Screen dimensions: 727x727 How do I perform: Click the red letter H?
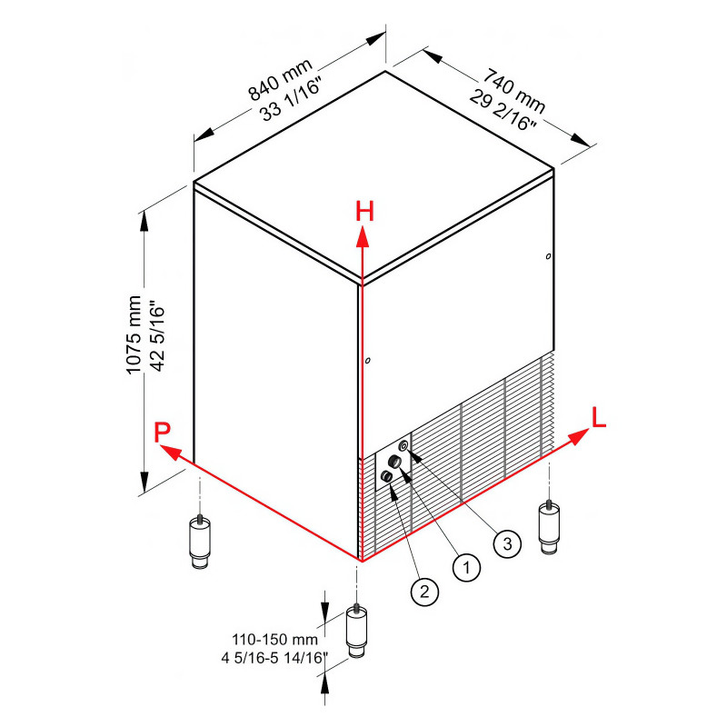(365, 212)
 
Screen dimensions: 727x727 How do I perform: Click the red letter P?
(163, 433)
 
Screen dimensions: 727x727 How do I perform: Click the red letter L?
(599, 417)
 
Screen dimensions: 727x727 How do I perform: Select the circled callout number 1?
(466, 566)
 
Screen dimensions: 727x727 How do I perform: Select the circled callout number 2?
(424, 592)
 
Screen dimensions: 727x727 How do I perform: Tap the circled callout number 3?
(507, 543)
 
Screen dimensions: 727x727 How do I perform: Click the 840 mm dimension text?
(280, 79)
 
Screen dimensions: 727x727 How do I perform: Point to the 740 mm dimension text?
(514, 91)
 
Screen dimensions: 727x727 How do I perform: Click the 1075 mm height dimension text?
(134, 334)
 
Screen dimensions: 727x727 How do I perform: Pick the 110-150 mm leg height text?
(275, 640)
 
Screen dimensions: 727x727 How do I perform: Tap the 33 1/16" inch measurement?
(291, 100)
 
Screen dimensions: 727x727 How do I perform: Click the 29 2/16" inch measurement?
(503, 110)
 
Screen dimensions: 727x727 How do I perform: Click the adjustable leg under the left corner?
(200, 541)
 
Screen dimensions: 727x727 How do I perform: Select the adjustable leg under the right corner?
(549, 526)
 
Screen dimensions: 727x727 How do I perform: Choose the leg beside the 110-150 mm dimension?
(356, 630)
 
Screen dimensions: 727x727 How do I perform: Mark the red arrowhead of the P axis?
(170, 452)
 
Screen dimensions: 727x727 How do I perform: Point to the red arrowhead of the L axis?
(578, 436)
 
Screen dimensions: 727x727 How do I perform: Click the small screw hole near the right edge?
(549, 256)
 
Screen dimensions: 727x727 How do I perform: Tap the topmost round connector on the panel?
(403, 446)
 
